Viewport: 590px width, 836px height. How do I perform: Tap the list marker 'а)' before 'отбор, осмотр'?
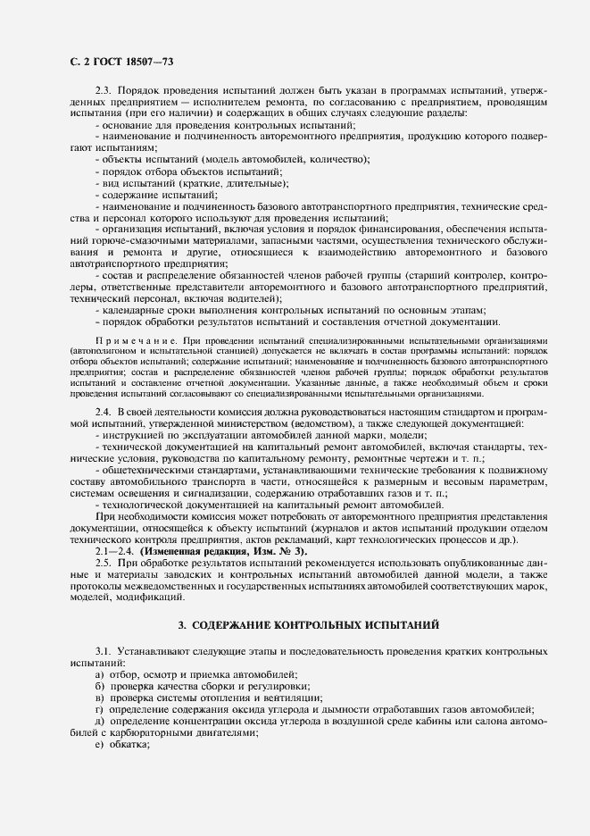tap(99, 676)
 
